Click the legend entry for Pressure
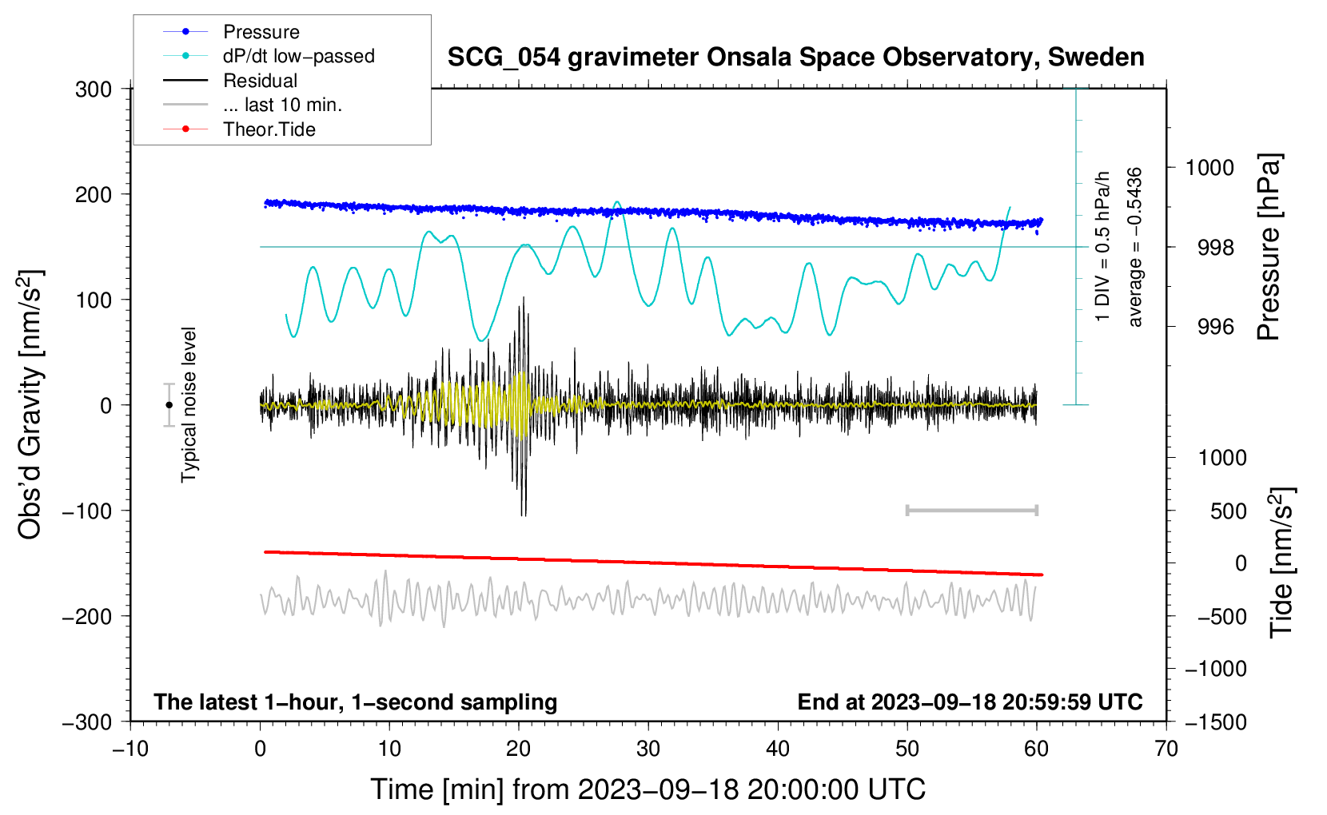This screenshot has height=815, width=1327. pos(261,32)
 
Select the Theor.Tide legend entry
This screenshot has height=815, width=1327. pos(269,129)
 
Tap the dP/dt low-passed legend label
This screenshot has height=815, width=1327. pos(298,56)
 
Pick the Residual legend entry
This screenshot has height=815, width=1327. pos(260,81)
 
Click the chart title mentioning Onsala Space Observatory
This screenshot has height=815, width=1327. pos(795,58)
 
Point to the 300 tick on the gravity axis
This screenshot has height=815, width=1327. pos(94,89)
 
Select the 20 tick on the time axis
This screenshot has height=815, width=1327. pos(519,749)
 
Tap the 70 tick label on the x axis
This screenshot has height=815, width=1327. pos(1166,749)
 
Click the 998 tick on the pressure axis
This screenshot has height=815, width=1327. pos(1215,248)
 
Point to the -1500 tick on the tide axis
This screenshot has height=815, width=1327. pos(1215,722)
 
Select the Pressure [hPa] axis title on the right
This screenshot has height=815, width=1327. pos(1269,248)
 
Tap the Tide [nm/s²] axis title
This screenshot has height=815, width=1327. pos(1281,563)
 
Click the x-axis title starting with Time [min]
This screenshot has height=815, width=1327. pos(648,789)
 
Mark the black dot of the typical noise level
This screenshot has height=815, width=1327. pos(169,405)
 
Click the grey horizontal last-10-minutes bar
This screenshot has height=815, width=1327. pos(971,510)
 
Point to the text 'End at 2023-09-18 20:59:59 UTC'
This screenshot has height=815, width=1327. pos(970,702)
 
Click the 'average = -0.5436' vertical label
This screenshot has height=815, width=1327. pos(1135,248)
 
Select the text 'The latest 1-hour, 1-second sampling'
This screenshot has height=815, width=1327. pos(355,702)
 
